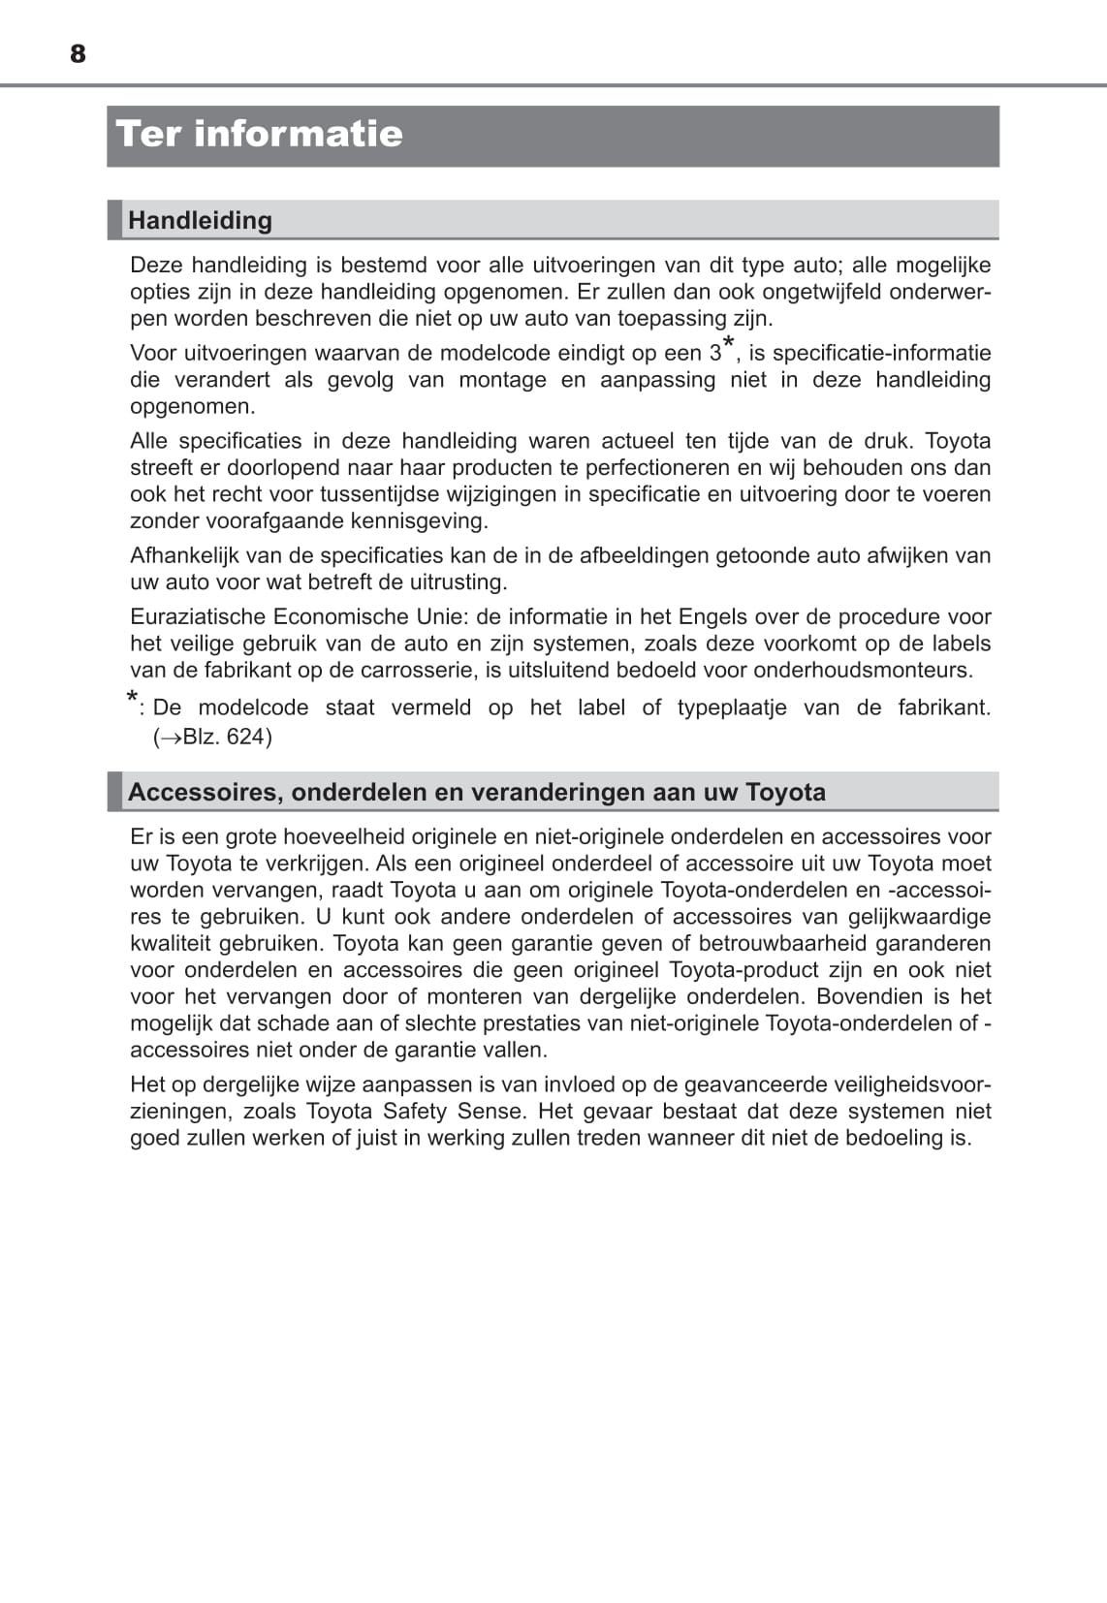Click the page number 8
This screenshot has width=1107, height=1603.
pyautogui.click(x=79, y=54)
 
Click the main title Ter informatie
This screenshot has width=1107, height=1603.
pyautogui.click(x=259, y=134)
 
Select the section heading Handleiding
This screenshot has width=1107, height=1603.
pyautogui.click(x=200, y=220)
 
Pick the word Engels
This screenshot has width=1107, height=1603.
pyautogui.click(x=712, y=616)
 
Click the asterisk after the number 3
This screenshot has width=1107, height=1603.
pyautogui.click(x=729, y=345)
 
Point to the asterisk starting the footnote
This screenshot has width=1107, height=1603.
pyautogui.click(x=133, y=700)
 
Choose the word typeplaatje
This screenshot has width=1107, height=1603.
pyautogui.click(x=732, y=707)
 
